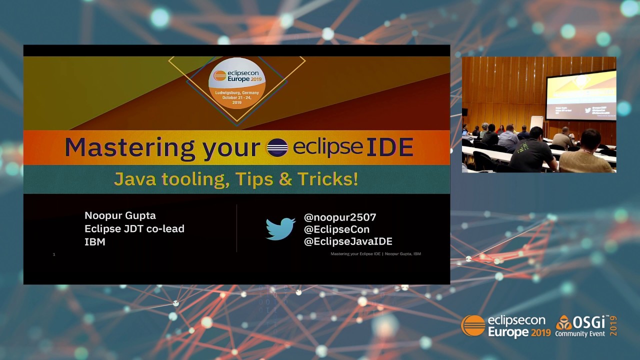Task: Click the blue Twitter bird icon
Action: click(280, 229)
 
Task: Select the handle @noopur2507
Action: click(340, 217)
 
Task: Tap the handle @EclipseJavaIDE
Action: click(348, 241)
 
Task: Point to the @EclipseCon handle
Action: click(336, 229)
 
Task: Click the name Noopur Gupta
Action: click(120, 215)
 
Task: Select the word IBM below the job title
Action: click(94, 242)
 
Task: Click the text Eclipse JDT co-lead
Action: click(134, 228)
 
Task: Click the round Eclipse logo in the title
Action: click(277, 147)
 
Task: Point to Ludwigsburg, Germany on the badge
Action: click(237, 93)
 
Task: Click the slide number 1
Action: click(54, 254)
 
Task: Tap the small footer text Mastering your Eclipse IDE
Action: click(355, 254)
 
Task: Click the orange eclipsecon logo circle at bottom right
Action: click(473, 326)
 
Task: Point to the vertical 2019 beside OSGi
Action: click(613, 326)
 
